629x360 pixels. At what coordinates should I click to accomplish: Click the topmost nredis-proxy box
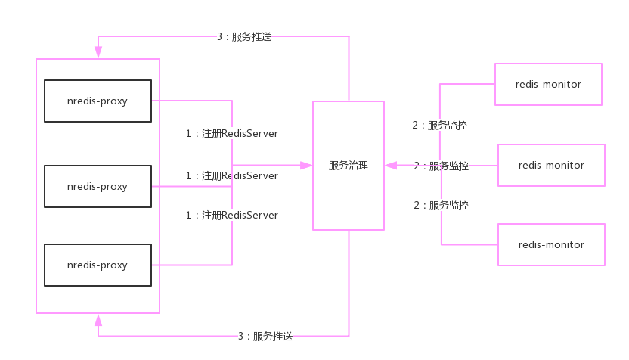point(98,101)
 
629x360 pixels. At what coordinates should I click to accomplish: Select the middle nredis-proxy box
point(98,186)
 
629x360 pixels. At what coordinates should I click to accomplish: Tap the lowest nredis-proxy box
point(98,265)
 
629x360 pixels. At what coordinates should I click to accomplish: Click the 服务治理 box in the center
point(349,165)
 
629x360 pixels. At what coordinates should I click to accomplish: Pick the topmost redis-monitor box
point(547,84)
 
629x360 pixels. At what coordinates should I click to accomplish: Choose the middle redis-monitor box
point(551,165)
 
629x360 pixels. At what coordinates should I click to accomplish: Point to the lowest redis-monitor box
point(551,244)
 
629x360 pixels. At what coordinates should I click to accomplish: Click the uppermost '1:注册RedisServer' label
point(232,133)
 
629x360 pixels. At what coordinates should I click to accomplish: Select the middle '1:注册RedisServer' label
point(232,175)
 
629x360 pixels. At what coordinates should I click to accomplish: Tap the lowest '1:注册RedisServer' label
point(232,215)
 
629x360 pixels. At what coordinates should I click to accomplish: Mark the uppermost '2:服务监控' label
point(439,126)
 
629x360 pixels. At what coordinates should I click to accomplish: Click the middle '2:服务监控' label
point(441,166)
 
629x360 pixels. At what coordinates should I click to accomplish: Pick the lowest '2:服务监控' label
point(441,205)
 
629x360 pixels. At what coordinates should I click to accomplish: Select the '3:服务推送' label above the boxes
point(243,36)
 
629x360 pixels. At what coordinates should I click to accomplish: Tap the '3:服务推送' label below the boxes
point(265,336)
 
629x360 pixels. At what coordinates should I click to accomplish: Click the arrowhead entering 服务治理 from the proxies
point(306,165)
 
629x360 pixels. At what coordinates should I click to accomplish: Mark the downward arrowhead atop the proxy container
point(98,53)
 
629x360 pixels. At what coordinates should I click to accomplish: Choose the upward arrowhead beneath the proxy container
point(98,320)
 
